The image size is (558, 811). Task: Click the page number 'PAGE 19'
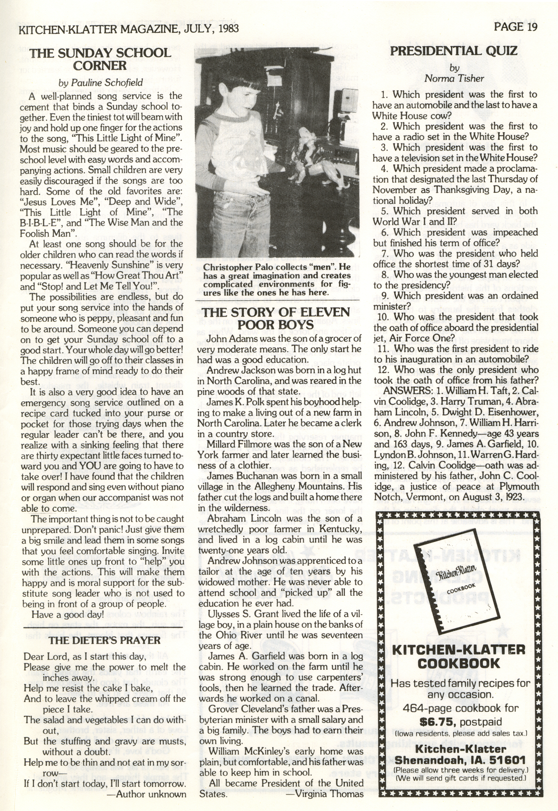515,27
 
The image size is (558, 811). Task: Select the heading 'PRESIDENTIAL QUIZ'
453,51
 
